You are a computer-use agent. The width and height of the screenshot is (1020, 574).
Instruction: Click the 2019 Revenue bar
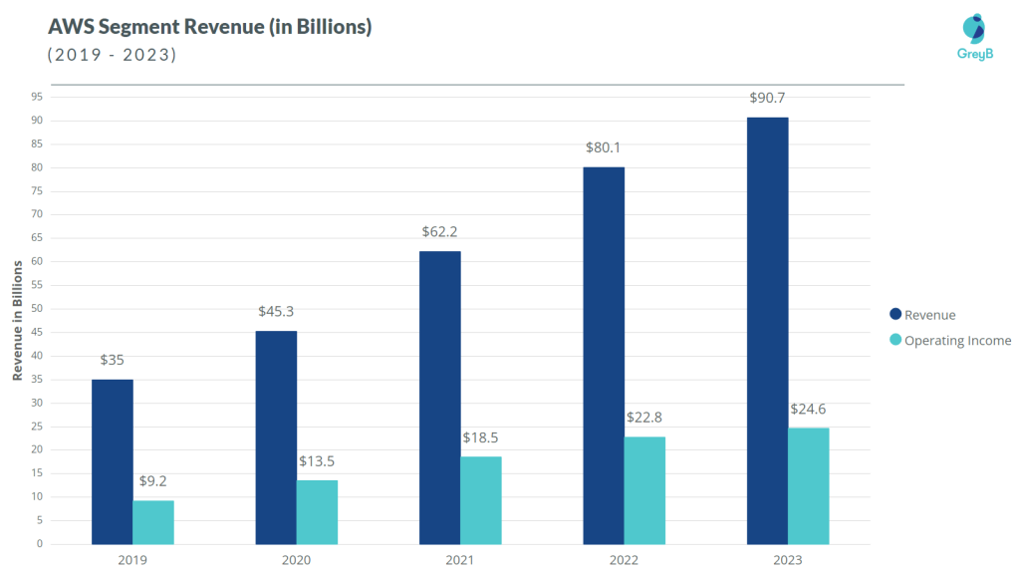tap(112, 461)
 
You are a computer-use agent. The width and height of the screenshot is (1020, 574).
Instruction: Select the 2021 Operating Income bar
tap(480, 500)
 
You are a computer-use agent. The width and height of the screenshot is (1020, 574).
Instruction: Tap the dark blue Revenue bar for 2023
tap(767, 331)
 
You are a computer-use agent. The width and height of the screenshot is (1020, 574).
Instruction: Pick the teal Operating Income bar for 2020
tap(317, 512)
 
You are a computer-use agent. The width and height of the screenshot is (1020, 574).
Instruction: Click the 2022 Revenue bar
tap(604, 356)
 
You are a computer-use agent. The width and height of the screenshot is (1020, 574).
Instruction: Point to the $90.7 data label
tap(768, 98)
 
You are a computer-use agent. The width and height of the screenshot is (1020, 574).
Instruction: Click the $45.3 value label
tap(276, 311)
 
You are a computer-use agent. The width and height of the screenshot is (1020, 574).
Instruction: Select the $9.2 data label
tap(152, 480)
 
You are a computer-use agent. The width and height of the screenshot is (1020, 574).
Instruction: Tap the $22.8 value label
tap(644, 417)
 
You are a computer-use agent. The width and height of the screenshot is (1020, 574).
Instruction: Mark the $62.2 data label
tap(440, 231)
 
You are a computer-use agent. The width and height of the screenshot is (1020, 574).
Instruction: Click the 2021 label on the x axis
tap(460, 560)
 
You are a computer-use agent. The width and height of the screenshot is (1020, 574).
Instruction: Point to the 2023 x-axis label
tap(787, 560)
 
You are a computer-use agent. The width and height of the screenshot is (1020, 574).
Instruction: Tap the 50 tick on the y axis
tap(37, 308)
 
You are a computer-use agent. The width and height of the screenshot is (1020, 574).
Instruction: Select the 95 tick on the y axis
tap(37, 97)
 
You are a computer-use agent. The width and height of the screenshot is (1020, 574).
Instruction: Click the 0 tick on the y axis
tap(40, 544)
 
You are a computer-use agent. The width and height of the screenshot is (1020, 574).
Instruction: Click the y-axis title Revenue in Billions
tap(17, 320)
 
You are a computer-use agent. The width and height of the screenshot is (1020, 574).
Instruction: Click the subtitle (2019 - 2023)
tap(112, 55)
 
